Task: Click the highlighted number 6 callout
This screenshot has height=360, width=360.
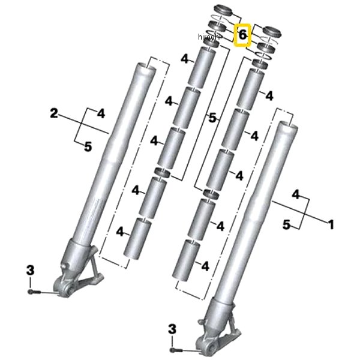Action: coord(242,35)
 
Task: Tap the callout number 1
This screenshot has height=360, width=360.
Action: coord(331,224)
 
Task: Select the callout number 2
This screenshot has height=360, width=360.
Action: coord(54,113)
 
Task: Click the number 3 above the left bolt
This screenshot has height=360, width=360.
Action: coord(31,270)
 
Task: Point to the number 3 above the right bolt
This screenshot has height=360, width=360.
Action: coord(172,329)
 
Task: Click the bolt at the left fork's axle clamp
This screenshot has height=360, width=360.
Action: coord(34,292)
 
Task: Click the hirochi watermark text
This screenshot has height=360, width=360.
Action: coord(209,37)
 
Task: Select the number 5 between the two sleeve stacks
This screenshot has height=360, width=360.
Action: coord(212,118)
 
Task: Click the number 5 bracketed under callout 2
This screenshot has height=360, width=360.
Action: coord(88,146)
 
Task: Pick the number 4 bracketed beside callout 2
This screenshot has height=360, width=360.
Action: coord(101,113)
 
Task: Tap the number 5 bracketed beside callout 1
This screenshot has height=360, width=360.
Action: coord(286,224)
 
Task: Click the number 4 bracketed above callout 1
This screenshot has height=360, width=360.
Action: coord(296,194)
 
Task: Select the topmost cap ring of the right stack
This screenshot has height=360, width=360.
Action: coord(272,32)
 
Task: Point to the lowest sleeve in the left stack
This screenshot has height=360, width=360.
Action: coord(137,239)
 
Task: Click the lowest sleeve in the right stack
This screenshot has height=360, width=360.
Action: coord(186,260)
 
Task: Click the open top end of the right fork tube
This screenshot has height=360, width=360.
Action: coord(288,125)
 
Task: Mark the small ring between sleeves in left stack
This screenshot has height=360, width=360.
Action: coord(163,172)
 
